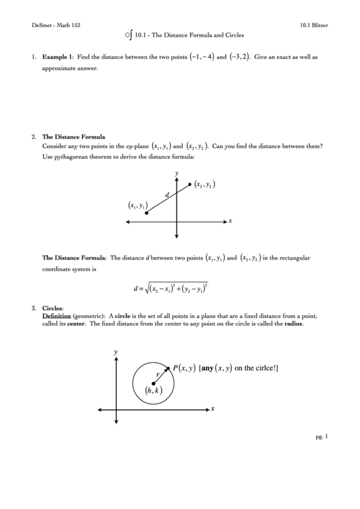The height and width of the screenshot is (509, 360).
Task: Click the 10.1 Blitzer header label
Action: click(x=314, y=24)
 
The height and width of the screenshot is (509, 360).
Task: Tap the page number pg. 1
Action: click(x=322, y=436)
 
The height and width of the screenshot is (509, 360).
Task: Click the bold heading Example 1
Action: click(x=58, y=58)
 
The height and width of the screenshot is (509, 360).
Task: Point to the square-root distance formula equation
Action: click(x=171, y=287)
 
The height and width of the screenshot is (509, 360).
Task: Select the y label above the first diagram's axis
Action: click(x=177, y=173)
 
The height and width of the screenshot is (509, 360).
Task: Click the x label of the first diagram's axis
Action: click(x=231, y=221)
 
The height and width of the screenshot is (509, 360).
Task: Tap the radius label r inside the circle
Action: click(x=158, y=374)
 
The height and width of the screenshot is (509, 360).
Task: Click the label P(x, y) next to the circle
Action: click(x=184, y=368)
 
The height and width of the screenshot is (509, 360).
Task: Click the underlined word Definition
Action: click(x=56, y=316)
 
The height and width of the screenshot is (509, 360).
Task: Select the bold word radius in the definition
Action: click(x=293, y=323)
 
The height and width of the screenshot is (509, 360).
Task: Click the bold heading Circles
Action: click(x=52, y=309)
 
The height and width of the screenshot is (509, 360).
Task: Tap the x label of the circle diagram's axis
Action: click(x=213, y=408)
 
